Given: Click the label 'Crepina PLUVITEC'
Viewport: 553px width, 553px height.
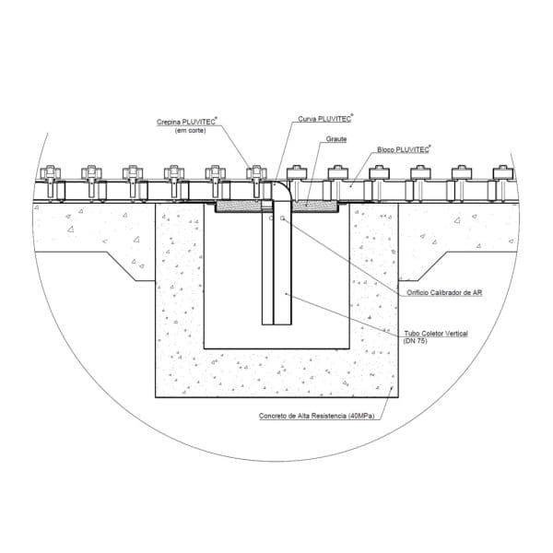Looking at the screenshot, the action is click(x=186, y=122).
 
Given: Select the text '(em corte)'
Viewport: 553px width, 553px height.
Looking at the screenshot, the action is click(x=190, y=131).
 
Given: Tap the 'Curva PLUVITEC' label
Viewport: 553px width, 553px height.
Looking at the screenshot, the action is click(x=324, y=119).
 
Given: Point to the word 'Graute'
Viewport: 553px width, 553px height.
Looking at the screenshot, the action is click(x=336, y=139).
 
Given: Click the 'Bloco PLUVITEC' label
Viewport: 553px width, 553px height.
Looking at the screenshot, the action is click(x=403, y=149).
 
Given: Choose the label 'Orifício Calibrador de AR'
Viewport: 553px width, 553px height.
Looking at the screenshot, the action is click(x=444, y=292).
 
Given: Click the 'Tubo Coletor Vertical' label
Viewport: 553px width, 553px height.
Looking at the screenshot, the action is click(x=436, y=334).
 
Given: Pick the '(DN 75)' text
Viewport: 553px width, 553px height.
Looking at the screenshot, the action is click(x=416, y=341).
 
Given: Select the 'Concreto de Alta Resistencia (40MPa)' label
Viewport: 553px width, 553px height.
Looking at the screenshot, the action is click(x=316, y=416).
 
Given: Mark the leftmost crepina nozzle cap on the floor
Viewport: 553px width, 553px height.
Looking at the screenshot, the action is click(x=51, y=172).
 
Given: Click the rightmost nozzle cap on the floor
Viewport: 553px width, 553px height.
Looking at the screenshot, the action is click(x=503, y=172).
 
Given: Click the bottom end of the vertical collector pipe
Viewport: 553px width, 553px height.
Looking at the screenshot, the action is click(x=276, y=324).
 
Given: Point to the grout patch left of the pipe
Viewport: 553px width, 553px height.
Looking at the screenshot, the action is click(x=239, y=206).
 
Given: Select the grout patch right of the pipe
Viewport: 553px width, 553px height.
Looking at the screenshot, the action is click(x=315, y=206).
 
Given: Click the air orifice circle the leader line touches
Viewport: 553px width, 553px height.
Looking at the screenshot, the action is click(x=283, y=218).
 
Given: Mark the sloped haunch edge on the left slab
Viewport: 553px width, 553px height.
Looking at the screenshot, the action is click(x=121, y=266).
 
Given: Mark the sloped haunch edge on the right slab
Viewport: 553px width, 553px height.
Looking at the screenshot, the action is click(x=433, y=266).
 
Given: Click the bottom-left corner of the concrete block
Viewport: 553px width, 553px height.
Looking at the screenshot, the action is click(x=156, y=397).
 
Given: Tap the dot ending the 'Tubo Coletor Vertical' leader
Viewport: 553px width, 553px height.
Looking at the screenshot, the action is click(x=286, y=293).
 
